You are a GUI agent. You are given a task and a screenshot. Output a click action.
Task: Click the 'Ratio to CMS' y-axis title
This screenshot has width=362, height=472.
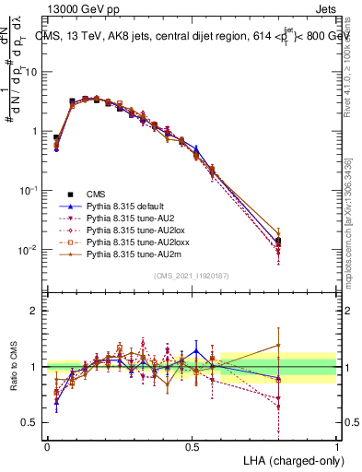13,367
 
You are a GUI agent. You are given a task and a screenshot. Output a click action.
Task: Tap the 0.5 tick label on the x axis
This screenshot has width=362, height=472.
192,445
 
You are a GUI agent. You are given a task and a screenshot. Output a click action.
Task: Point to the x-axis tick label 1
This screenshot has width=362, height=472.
336,445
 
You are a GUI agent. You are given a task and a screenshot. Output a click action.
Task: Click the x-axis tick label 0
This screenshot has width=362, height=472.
47,445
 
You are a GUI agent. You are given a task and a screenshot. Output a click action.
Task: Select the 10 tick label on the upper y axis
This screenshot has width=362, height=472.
29,72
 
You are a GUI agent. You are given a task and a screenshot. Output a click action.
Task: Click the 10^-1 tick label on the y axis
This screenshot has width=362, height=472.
28,191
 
